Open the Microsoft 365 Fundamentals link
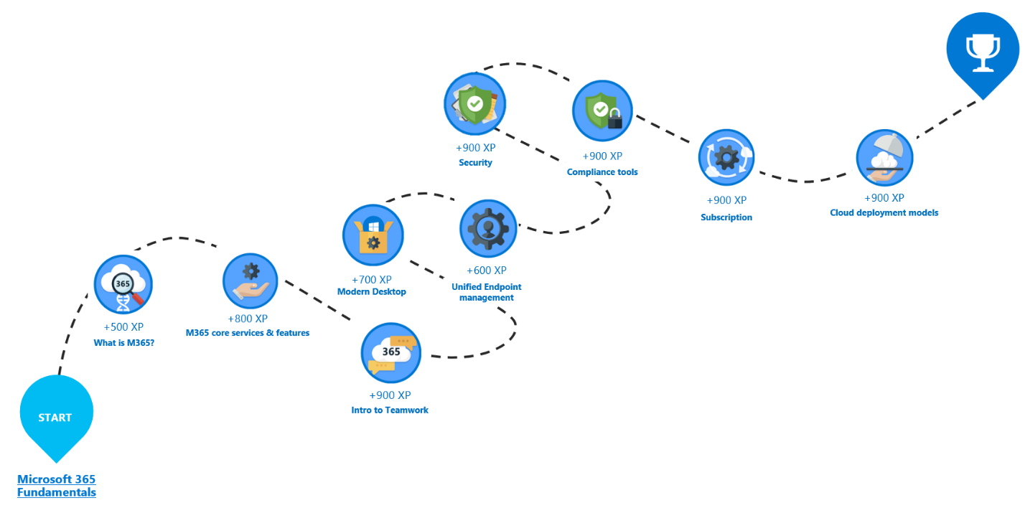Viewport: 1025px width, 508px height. point(56,486)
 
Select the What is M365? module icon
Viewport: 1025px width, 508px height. point(123,285)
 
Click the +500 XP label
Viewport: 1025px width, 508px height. point(123,326)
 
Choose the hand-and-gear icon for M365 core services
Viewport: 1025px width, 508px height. point(251,282)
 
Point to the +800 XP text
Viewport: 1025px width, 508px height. point(248,319)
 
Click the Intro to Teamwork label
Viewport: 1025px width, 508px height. point(390,410)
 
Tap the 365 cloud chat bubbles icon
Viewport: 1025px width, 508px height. point(390,352)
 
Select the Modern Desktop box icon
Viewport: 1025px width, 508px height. point(373,235)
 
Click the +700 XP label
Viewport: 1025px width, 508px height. point(372,279)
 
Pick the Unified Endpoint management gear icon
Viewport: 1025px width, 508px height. point(488,229)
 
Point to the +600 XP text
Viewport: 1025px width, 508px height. point(487,271)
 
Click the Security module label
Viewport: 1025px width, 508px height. point(475,163)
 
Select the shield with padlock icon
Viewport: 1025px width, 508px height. point(602,111)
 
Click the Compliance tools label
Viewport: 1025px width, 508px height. point(602,172)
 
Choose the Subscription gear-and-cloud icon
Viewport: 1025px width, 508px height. point(726,158)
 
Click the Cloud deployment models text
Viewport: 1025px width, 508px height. point(884,212)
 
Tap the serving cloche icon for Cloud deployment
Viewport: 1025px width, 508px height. point(884,158)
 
